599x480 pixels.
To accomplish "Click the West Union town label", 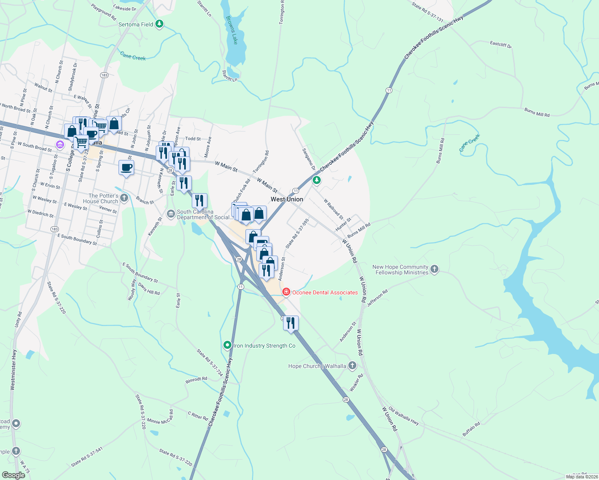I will click(287, 199).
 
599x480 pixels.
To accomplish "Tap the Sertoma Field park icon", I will click(160, 24).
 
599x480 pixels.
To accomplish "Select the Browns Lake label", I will click(232, 30).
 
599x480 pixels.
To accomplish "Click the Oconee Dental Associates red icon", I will click(286, 292).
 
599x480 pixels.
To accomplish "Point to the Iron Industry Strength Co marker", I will click(227, 345).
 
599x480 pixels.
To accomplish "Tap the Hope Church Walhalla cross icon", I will click(352, 365).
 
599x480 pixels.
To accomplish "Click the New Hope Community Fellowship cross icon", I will click(434, 269).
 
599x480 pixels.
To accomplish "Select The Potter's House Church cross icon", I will click(124, 198).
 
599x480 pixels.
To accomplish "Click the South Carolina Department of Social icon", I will click(171, 214).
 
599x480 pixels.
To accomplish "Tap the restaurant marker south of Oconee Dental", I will click(291, 323).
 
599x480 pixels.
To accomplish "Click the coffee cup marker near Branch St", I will click(126, 168).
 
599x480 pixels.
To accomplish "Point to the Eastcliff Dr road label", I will click(501, 44).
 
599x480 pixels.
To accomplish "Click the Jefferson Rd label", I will click(377, 298).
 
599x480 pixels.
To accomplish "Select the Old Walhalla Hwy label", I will click(404, 416).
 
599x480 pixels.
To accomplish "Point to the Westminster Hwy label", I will click(13, 370).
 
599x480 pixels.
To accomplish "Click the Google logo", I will click(13, 475).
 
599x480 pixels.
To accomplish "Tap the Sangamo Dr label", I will click(309, 159).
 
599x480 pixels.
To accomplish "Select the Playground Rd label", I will click(103, 12).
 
